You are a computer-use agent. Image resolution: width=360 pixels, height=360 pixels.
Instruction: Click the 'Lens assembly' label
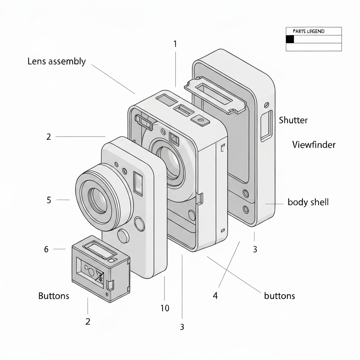(56, 62)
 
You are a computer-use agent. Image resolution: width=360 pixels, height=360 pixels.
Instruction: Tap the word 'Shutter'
(293, 120)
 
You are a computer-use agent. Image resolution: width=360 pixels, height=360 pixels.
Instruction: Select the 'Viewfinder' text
(314, 144)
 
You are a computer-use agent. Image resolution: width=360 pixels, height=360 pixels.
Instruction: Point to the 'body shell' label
(308, 202)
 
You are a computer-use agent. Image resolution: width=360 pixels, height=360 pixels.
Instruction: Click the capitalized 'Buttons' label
(53, 296)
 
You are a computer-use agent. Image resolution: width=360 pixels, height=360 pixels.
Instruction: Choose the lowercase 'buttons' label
(279, 296)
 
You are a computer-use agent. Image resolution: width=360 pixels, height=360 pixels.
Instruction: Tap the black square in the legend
(290, 39)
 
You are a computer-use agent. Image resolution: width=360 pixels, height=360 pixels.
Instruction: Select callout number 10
(165, 308)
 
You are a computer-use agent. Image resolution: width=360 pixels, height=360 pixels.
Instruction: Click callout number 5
(49, 200)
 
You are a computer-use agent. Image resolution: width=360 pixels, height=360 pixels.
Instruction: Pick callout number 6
(46, 249)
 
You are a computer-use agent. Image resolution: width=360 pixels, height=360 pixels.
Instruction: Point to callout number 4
(215, 296)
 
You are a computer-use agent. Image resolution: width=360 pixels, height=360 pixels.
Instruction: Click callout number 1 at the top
(175, 44)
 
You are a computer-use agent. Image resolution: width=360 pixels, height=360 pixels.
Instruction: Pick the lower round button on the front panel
(123, 236)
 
